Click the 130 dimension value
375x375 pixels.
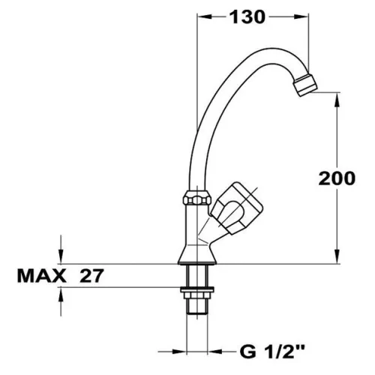coord(247,17)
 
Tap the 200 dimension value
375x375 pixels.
coord(337,178)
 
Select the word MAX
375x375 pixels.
coord(42,276)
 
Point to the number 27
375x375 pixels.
coord(91,276)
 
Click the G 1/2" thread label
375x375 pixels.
coord(272,351)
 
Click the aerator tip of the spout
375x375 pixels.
coord(305,85)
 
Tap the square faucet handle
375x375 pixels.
coord(237,208)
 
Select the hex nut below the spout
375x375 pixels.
coord(197,198)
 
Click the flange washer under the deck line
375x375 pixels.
coord(197,289)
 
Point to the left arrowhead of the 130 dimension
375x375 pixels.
coord(205,16)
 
